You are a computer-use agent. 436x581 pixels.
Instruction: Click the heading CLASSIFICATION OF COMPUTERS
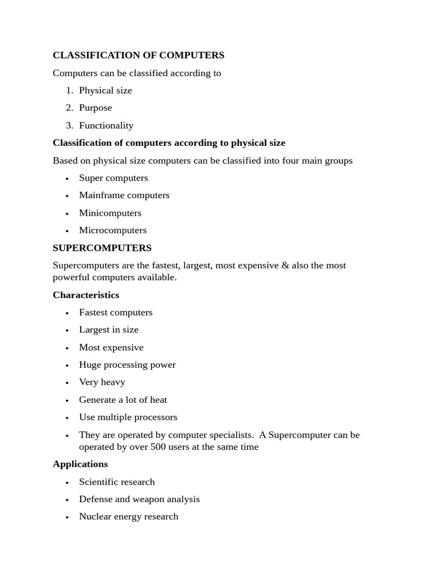click(138, 55)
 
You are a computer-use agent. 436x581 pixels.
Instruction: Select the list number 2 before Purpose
click(69, 108)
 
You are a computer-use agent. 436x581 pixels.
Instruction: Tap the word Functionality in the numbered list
click(106, 125)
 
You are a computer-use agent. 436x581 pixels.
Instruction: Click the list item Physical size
click(106, 90)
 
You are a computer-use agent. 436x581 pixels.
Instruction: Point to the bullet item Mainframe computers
click(124, 195)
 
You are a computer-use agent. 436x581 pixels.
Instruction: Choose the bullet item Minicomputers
click(110, 213)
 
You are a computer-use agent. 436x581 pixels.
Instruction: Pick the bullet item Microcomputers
click(113, 230)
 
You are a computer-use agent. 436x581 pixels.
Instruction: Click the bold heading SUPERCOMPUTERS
click(102, 248)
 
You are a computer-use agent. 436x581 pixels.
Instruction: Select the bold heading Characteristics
click(86, 295)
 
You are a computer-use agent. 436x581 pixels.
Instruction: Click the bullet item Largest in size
click(108, 330)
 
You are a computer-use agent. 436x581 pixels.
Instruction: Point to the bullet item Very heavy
click(102, 382)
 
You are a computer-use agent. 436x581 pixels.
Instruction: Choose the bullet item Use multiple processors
click(128, 417)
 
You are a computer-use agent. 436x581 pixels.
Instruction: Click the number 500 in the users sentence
click(158, 447)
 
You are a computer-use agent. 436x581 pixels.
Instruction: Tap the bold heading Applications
click(80, 464)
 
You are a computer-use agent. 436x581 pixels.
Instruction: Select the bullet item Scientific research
click(117, 482)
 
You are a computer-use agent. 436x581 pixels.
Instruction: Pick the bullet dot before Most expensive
click(67, 348)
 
